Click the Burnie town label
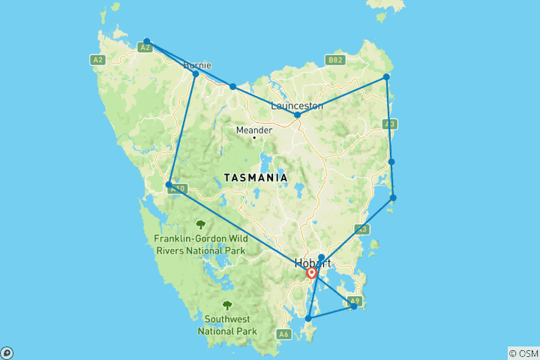tap(196, 65)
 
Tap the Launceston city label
tap(297, 106)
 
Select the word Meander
tap(253, 130)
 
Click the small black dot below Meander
tap(254, 138)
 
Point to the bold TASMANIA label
tap(255, 178)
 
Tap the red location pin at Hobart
tap(311, 273)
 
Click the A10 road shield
tap(178, 189)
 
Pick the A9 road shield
tap(355, 301)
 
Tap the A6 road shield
tap(283, 334)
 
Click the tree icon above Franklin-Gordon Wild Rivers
tap(200, 223)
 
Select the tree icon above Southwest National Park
tap(227, 305)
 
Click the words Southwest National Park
tap(227, 325)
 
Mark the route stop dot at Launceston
tap(298, 115)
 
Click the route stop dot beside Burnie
tap(196, 73)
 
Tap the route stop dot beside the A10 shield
tap(169, 184)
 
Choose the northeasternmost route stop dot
tap(386, 76)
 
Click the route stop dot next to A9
tap(354, 306)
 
